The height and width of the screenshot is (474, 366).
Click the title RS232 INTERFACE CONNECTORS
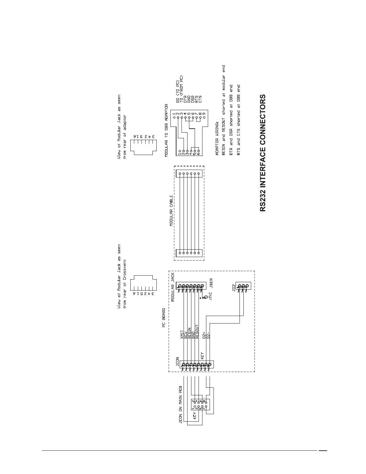coord(263,153)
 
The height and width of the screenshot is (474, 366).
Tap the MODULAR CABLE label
coord(172,211)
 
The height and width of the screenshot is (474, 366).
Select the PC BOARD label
coord(164,318)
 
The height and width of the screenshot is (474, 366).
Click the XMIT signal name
coord(182,335)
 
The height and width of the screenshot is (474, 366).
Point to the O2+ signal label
coord(204,335)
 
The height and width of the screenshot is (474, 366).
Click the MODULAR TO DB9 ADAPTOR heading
coord(166,130)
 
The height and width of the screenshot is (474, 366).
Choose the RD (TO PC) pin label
coord(178,92)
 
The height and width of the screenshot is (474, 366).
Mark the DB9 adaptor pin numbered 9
coord(204,113)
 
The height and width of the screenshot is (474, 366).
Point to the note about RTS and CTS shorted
coord(238,119)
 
